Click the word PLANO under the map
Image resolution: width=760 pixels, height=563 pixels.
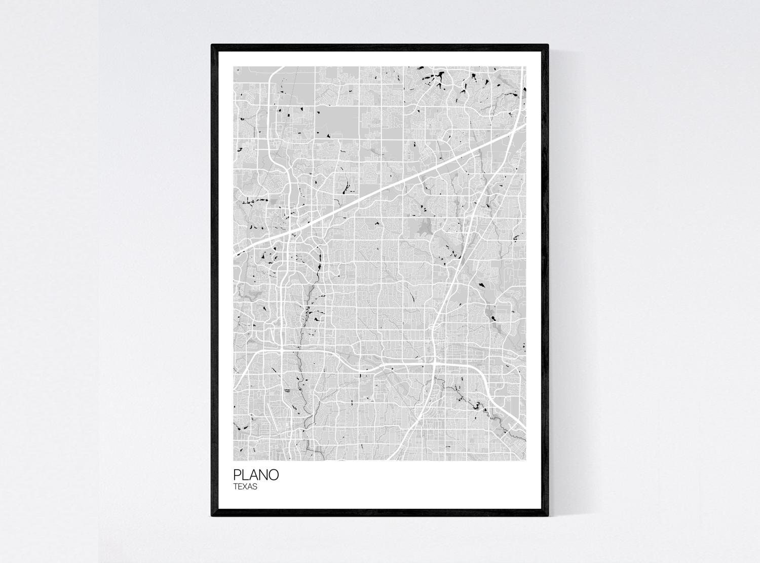[x=256, y=475]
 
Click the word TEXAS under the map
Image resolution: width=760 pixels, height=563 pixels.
[x=246, y=487]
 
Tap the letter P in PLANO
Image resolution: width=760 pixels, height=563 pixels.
[x=237, y=475]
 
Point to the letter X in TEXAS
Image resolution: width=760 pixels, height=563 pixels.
[x=246, y=487]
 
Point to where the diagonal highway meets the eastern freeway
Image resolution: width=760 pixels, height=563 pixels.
[x=509, y=133]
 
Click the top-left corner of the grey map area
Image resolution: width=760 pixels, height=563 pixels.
[x=234, y=66]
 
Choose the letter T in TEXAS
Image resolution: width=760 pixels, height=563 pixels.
[x=236, y=487]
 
